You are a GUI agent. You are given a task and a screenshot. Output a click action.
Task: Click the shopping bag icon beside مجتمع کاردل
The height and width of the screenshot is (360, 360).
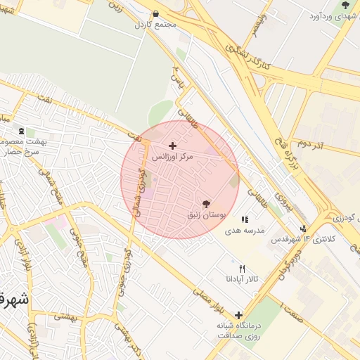[155, 13]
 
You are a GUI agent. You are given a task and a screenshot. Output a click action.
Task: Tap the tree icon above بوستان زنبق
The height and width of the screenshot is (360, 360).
[205, 203]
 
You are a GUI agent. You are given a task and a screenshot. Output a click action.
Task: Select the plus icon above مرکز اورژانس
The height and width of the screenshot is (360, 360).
[172, 146]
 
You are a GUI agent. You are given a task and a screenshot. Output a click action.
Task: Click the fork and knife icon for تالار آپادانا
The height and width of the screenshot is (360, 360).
[243, 269]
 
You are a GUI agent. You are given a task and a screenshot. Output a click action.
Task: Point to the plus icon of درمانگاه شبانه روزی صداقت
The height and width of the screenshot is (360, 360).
[239, 315]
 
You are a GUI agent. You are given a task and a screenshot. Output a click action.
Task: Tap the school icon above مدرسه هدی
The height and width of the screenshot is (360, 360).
[245, 220]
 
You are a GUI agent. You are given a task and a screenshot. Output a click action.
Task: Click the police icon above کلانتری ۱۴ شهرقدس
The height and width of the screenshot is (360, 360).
[303, 229]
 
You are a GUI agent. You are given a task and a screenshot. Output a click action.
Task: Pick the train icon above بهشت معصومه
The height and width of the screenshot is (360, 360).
[21, 131]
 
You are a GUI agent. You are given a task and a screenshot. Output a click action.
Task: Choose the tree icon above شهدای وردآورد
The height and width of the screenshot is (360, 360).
[345, 5]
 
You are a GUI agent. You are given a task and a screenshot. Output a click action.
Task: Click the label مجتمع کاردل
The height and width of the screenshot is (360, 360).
[155, 24]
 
